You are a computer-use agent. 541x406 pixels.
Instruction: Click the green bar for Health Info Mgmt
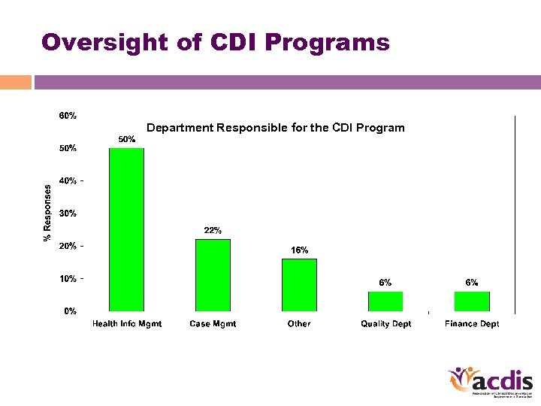coord(126,229)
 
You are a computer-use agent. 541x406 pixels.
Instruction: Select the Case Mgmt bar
coord(213,275)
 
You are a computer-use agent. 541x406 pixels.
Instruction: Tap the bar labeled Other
coord(299,285)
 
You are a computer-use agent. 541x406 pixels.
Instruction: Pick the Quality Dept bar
coord(385,301)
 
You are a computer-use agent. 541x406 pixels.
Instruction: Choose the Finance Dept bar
coord(472,301)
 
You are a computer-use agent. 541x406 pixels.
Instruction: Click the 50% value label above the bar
coord(126,139)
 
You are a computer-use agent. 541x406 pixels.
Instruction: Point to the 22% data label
coord(213,230)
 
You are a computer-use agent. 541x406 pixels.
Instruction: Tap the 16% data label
coord(299,250)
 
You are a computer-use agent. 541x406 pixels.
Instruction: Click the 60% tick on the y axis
coord(68,116)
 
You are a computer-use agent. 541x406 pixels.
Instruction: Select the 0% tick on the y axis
coord(69,311)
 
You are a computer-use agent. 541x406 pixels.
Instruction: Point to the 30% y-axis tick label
coord(68,214)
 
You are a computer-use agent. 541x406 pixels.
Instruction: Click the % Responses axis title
coord(47,213)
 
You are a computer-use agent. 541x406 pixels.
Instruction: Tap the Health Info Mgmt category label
coord(127,324)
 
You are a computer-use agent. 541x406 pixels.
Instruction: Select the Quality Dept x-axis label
coord(385,324)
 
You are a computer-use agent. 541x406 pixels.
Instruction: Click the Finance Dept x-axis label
coord(472,324)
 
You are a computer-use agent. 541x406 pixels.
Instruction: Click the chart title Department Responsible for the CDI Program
coord(275,128)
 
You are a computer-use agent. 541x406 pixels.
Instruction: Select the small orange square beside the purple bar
coord(16,82)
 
